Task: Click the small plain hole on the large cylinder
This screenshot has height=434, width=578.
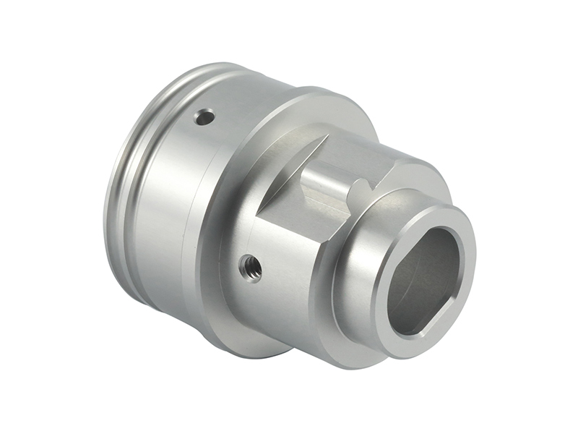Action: point(205,116)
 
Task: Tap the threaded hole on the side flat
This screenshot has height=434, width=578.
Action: point(251,268)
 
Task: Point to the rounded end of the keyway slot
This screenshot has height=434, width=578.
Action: point(358,190)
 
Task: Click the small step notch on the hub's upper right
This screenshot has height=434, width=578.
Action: point(394,171)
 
